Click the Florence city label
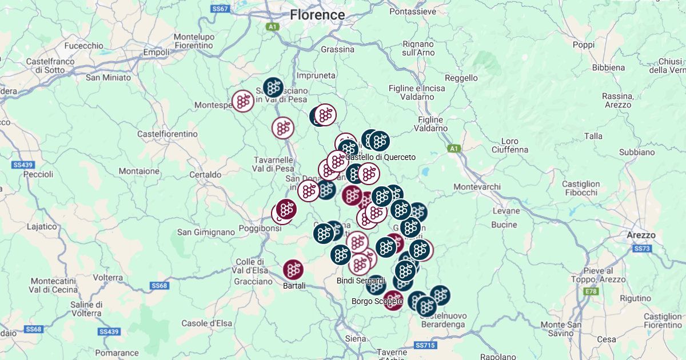[x=317, y=15]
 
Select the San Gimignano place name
[x=206, y=232]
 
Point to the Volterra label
[x=107, y=277]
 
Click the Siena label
[x=355, y=338]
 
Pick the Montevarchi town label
[x=477, y=187]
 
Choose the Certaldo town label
[x=205, y=174]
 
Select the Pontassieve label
[x=412, y=11]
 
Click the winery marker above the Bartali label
[x=293, y=269]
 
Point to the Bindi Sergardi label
[x=361, y=281]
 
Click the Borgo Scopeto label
[x=377, y=301]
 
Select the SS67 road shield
[x=220, y=9]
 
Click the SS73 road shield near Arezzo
[x=642, y=249]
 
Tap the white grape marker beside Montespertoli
[x=243, y=101]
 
